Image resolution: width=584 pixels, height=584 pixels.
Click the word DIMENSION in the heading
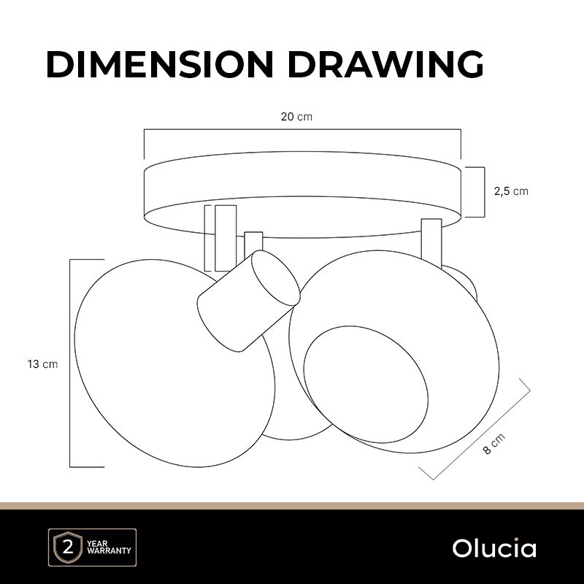[x=160, y=64]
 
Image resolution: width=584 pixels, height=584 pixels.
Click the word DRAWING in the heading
[x=386, y=64]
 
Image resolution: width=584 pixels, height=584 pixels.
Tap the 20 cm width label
[x=296, y=117]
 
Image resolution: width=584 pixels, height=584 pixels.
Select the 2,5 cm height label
[x=511, y=191]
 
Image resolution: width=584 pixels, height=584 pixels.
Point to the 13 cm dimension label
[x=42, y=364]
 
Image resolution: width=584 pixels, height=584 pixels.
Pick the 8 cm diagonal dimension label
[x=494, y=443]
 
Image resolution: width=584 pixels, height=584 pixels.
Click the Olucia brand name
[x=494, y=548]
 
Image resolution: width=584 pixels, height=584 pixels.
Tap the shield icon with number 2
[x=68, y=548]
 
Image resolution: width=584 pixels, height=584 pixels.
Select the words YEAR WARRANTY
[x=108, y=547]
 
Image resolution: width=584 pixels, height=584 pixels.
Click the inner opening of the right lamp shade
[x=366, y=384]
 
